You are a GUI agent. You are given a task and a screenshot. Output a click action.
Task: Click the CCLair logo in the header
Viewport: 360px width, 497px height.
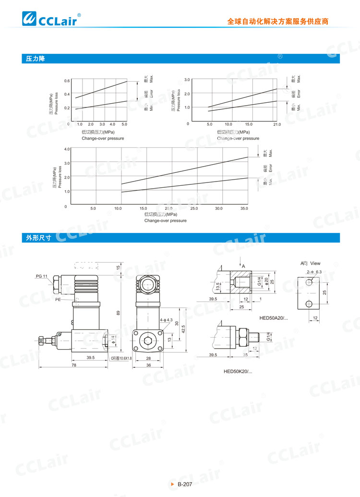(x=50, y=20)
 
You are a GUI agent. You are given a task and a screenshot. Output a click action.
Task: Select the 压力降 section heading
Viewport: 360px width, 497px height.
(x=36, y=59)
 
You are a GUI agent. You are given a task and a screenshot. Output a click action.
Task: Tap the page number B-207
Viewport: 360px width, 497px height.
(x=185, y=485)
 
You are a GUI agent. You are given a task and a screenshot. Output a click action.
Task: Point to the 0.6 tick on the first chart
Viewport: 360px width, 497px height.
(x=67, y=81)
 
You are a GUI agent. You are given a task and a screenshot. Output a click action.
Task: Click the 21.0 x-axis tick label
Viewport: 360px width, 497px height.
(x=276, y=125)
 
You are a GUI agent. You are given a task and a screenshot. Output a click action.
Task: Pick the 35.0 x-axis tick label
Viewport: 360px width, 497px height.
(x=244, y=208)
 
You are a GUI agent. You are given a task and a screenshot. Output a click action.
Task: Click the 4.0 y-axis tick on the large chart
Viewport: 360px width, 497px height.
(x=67, y=149)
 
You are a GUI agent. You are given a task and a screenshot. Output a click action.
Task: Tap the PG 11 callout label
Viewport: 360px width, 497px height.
(x=42, y=277)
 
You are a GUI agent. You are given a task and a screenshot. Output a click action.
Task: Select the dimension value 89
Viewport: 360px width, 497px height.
(x=118, y=313)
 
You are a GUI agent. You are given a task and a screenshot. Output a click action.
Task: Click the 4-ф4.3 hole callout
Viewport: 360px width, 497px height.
(x=166, y=320)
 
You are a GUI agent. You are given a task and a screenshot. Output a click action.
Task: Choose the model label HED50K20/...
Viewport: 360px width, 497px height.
(x=238, y=371)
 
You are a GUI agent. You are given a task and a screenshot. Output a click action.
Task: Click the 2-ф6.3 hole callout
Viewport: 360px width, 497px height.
(x=314, y=272)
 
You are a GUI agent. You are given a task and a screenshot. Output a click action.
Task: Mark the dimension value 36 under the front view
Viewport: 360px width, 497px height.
(x=148, y=365)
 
